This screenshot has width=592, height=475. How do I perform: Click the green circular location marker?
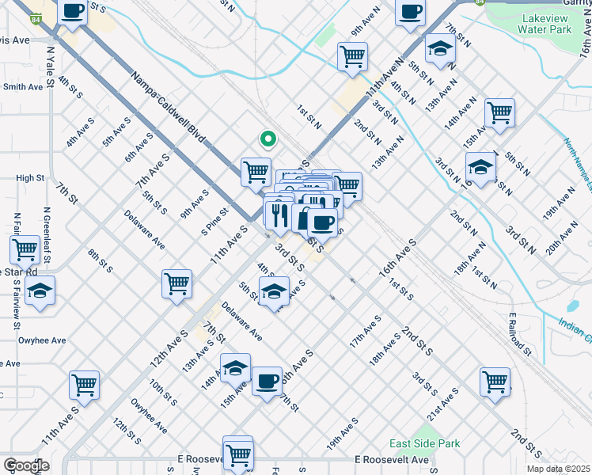tap(268, 139)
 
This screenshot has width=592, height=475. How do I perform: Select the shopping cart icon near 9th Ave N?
tap(352, 56)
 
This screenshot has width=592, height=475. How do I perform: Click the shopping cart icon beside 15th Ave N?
tap(499, 113)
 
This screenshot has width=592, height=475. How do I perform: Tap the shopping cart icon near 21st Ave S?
tap(495, 381)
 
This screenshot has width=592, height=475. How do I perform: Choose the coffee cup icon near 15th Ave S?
tap(267, 381)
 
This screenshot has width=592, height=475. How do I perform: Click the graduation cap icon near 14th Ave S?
tap(235, 367)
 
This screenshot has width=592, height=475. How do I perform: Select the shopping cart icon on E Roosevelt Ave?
tap(237, 453)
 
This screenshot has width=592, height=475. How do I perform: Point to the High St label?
tap(29, 178)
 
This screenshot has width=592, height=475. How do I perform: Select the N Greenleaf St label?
tap(47, 236)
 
